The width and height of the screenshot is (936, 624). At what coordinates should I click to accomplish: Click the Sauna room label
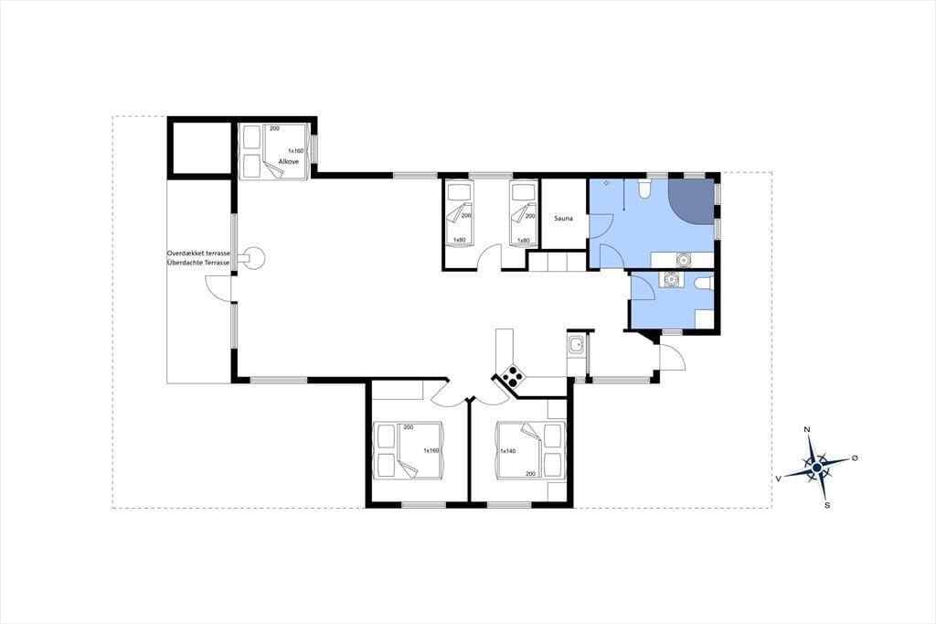tap(563, 218)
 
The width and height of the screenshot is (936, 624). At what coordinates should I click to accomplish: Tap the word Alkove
tap(288, 161)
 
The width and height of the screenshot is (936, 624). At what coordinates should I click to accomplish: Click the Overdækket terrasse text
tap(198, 253)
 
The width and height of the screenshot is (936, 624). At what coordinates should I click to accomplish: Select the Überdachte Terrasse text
tap(198, 263)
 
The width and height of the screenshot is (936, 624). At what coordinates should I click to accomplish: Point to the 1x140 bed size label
tap(507, 451)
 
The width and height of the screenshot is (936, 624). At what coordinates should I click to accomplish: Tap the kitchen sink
tap(576, 345)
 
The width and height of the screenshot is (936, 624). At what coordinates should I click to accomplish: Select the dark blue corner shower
tap(691, 201)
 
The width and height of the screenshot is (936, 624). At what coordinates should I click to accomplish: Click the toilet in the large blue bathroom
tap(643, 188)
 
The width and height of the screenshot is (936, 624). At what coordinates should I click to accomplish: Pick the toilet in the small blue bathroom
tap(703, 282)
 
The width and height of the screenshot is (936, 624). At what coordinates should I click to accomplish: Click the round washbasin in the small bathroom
tap(672, 279)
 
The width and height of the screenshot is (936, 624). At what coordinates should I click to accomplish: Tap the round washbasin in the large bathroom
tap(683, 260)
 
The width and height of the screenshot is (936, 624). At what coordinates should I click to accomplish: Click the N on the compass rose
tap(807, 429)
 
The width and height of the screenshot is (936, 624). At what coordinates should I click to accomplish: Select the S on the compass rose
tap(826, 505)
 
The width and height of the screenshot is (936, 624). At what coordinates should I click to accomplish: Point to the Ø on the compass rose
tap(855, 457)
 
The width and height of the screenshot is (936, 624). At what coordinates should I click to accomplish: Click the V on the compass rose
tap(779, 479)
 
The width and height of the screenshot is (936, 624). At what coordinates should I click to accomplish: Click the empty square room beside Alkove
tap(200, 146)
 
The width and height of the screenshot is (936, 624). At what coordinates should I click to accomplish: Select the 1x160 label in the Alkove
tap(295, 151)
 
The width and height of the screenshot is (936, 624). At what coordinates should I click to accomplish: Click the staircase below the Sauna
tap(557, 261)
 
